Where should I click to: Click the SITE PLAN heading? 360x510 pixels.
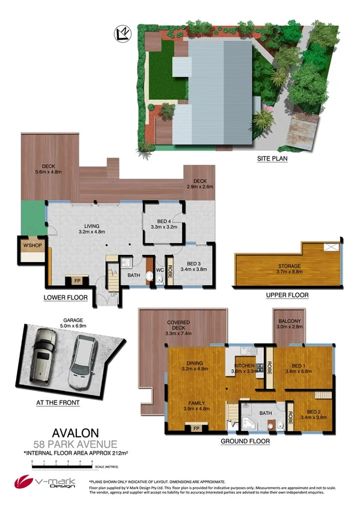[272, 159]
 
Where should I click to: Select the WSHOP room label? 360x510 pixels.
[31, 245]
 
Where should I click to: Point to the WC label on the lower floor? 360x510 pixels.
[160, 269]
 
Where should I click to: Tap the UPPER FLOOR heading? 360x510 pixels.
[287, 295]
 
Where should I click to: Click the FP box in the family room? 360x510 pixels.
[195, 428]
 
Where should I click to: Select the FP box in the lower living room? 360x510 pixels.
[77, 280]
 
